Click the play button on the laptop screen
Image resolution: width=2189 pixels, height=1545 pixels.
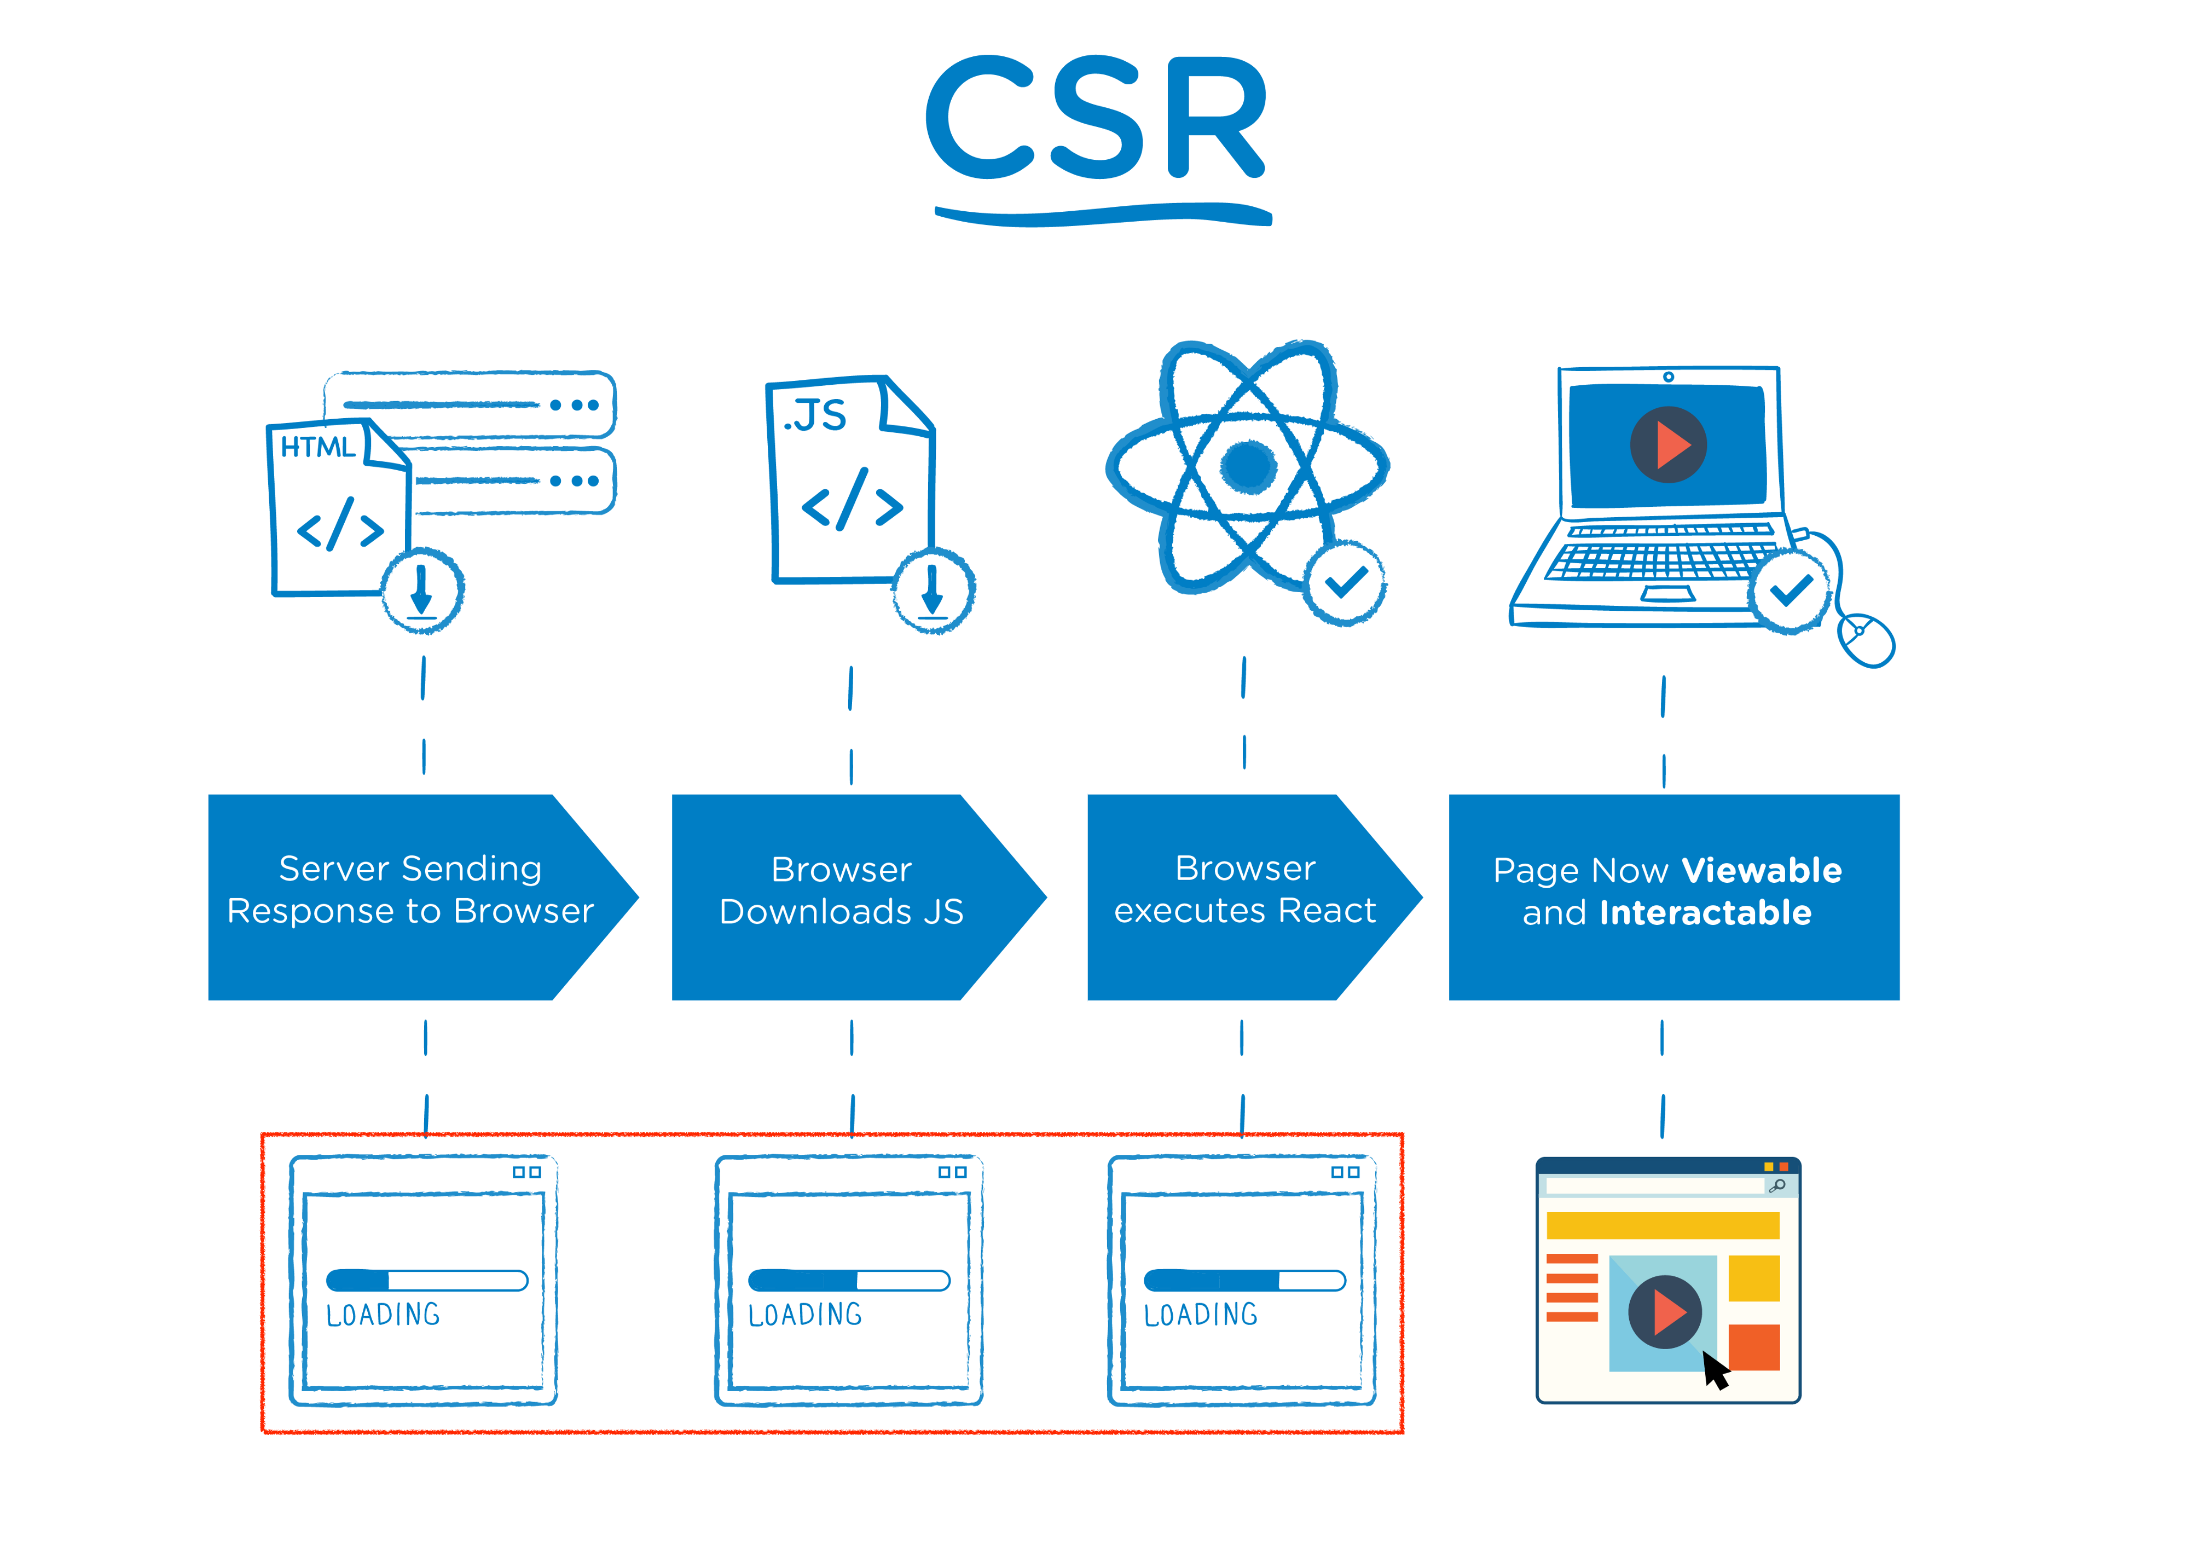pos(1667,444)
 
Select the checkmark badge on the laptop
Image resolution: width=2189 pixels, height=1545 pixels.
pos(1790,591)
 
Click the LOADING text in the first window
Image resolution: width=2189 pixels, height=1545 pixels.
pos(383,1315)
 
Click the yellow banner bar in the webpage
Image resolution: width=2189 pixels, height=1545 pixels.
pos(1662,1225)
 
